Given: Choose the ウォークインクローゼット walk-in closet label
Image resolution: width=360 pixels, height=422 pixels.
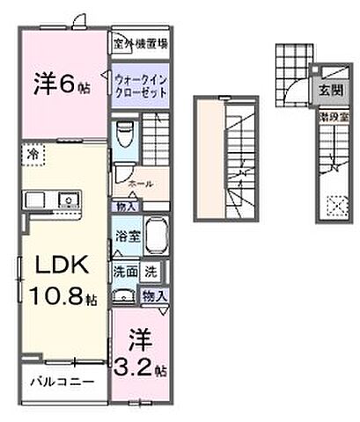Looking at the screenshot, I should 139,85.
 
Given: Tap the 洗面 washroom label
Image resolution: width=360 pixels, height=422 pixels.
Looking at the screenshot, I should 122,272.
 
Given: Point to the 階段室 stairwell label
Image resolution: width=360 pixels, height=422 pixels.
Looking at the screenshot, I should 331,114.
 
